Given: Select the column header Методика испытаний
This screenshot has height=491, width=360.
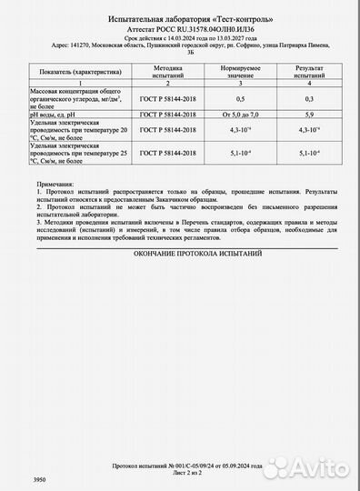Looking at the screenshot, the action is pyautogui.click(x=167, y=70).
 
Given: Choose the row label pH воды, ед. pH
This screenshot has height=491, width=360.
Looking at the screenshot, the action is pyautogui.click(x=67, y=114).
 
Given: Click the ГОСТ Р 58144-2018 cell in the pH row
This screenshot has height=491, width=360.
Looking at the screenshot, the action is pyautogui.click(x=167, y=114).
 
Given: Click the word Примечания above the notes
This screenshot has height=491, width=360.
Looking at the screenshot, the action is pyautogui.click(x=58, y=185).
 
